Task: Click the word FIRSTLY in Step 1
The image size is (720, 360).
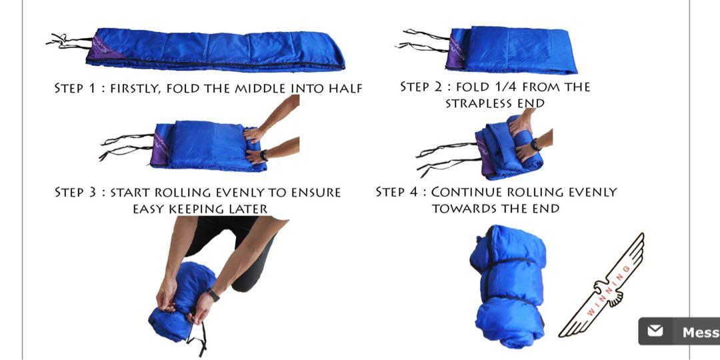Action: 136,88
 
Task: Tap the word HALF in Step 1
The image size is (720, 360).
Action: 345,88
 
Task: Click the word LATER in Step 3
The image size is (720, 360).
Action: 247,209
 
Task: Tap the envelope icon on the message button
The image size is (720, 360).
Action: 655,331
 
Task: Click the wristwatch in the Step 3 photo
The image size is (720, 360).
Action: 263,155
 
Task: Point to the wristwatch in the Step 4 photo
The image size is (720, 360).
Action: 535,145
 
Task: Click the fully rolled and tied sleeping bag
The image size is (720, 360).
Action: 508,285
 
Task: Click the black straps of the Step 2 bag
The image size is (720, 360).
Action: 423,40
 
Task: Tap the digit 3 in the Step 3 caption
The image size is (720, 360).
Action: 92,192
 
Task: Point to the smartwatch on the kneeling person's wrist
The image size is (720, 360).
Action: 213,295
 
